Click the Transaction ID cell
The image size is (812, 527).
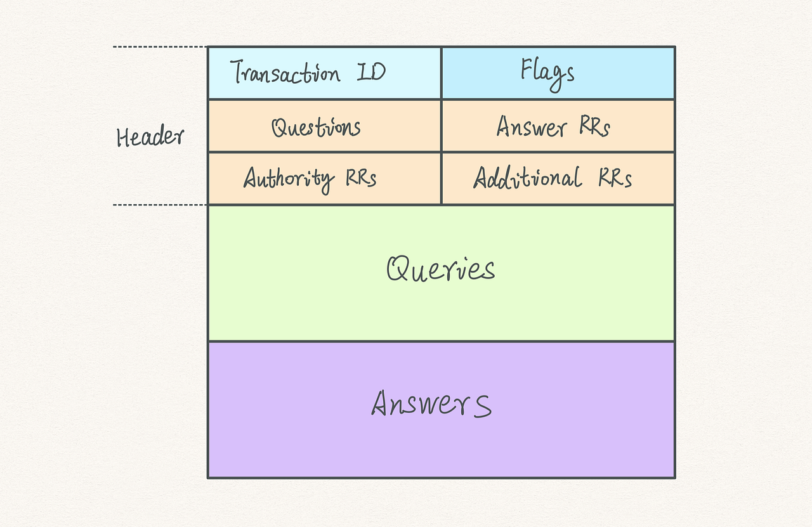324,73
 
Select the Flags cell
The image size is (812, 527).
558,73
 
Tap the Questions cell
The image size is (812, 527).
324,126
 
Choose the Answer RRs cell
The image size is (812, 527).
558,126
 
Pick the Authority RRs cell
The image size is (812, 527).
324,178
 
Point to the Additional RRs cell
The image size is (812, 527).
558,178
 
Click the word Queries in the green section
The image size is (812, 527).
441,270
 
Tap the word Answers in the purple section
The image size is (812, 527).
431,404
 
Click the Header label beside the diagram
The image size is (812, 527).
150,137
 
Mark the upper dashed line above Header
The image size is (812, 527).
160,47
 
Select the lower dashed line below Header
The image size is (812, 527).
160,205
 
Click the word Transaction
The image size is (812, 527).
285,73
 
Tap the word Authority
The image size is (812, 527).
289,179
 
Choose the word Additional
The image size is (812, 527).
527,178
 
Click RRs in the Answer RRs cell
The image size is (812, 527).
594,127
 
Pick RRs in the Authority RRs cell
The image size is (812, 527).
361,179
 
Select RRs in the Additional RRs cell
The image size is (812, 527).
615,179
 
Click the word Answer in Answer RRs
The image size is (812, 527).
531,127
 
